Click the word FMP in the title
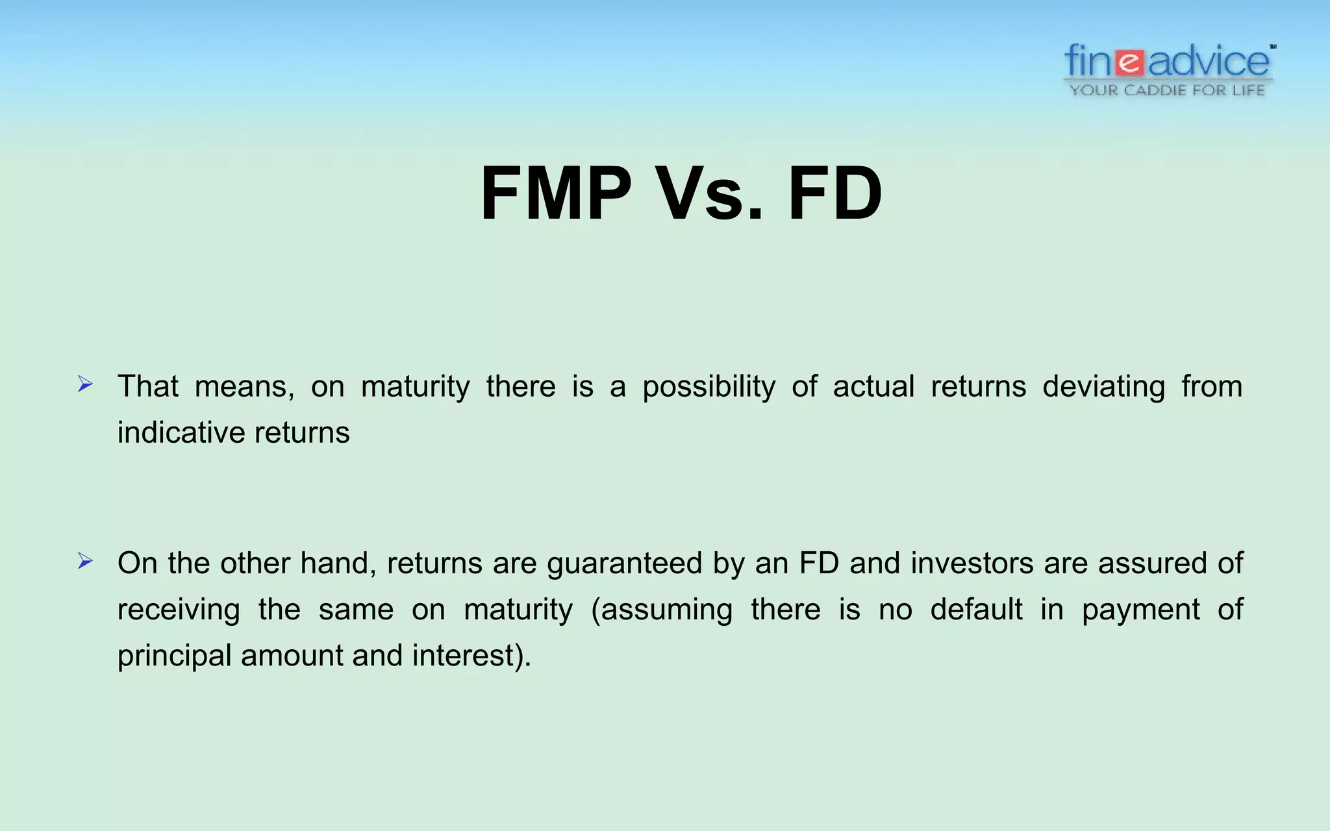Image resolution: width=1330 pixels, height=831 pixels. click(x=556, y=194)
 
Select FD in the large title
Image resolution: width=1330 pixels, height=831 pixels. click(x=835, y=194)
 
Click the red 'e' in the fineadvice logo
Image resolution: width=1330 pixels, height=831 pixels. click(x=1131, y=63)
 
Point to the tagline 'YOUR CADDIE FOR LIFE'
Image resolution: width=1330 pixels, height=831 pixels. click(x=1168, y=90)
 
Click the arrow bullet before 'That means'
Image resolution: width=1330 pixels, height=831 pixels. click(x=85, y=384)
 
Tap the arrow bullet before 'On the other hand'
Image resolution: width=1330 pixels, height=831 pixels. click(x=85, y=561)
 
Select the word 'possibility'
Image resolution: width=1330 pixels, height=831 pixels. click(x=709, y=387)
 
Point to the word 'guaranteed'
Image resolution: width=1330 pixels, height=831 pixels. click(x=625, y=564)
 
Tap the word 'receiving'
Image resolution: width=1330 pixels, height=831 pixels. click(x=179, y=610)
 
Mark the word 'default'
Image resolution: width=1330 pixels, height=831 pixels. click(x=976, y=610)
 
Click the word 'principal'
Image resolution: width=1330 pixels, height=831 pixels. click(x=175, y=656)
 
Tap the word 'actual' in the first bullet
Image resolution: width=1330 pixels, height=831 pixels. click(x=873, y=387)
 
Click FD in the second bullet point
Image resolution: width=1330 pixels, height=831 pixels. click(x=820, y=564)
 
